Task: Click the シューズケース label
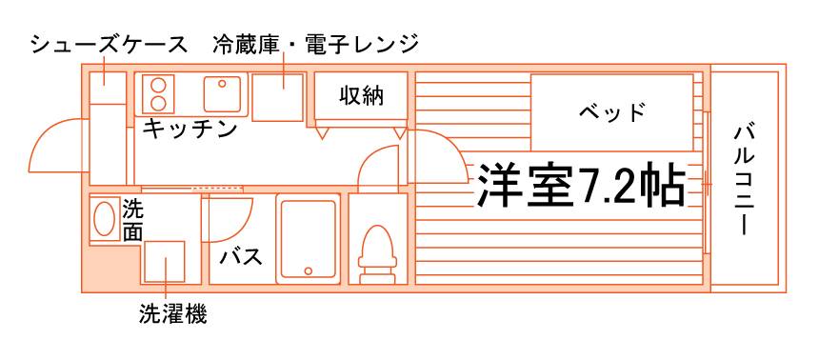pyautogui.click(x=109, y=45)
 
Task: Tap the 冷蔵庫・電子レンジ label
pyautogui.click(x=316, y=45)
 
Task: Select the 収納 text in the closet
pyautogui.click(x=362, y=95)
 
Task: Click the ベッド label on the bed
pyautogui.click(x=611, y=111)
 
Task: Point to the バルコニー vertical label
pyautogui.click(x=746, y=180)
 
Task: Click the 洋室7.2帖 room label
pyautogui.click(x=580, y=186)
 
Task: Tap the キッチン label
pyautogui.click(x=190, y=129)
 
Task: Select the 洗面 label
pyautogui.click(x=132, y=221)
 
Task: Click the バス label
pyautogui.click(x=241, y=257)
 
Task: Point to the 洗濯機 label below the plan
pyautogui.click(x=173, y=314)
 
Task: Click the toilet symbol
pyautogui.click(x=376, y=254)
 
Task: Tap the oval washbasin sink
pyautogui.click(x=105, y=218)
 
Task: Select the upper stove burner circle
pyautogui.click(x=157, y=85)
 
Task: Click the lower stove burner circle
pyautogui.click(x=157, y=103)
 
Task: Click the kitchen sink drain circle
pyautogui.click(x=222, y=84)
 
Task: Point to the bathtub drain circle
pyautogui.click(x=309, y=270)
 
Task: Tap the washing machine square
pyautogui.click(x=165, y=261)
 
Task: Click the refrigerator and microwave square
pyautogui.click(x=277, y=98)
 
